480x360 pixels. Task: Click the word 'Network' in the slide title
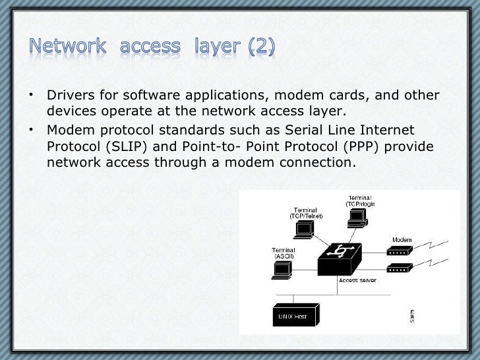click(68, 47)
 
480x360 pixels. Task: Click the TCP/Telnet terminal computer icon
click(304, 229)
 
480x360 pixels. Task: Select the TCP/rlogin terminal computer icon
click(357, 219)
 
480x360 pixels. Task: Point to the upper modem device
click(399, 250)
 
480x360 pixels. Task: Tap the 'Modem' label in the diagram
click(402, 239)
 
